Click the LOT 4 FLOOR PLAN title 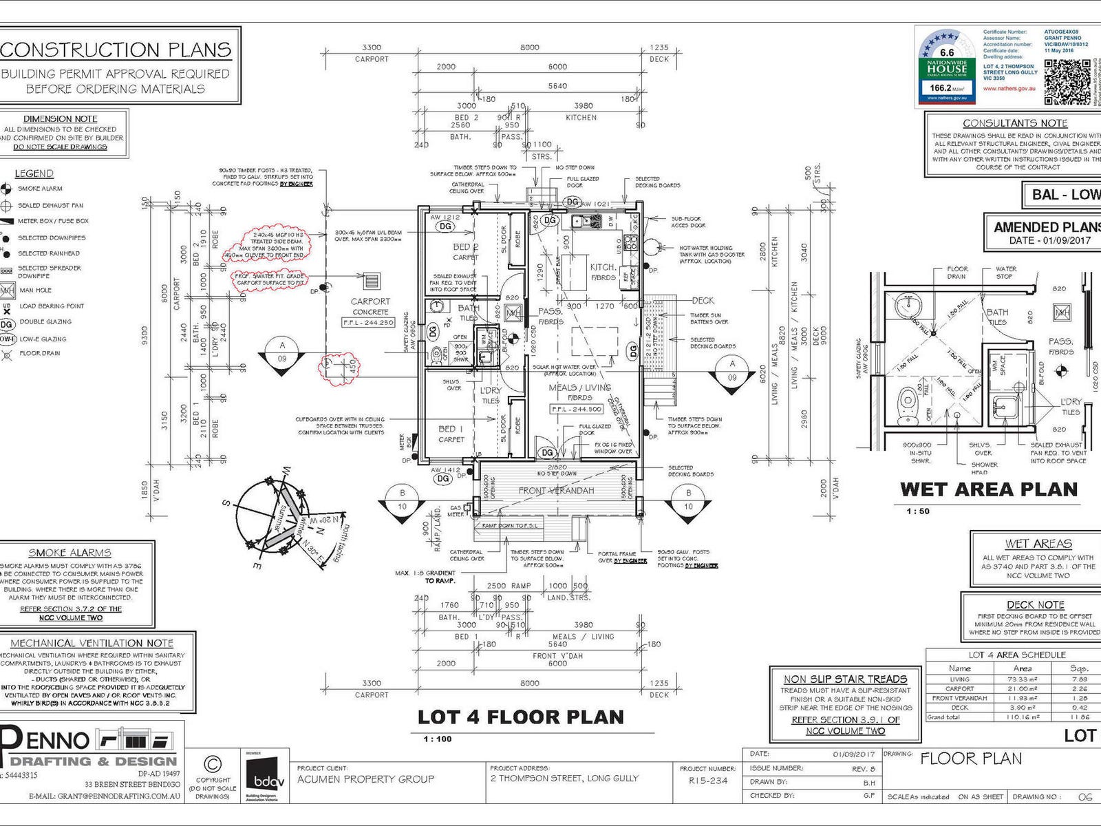tap(520, 717)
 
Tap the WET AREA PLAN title tap(988, 489)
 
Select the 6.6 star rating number tap(947, 52)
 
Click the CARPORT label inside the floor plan tap(370, 301)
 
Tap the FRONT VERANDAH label tap(556, 491)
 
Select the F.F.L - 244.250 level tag tap(368, 322)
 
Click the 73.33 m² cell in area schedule tap(1023, 679)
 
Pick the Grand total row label tap(943, 717)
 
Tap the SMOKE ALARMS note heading tap(70, 553)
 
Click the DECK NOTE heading tap(1036, 605)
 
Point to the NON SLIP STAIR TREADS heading tap(845, 679)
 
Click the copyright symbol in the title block tap(213, 764)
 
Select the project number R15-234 tap(708, 781)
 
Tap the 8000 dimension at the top tap(529, 47)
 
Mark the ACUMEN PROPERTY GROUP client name tap(365, 779)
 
